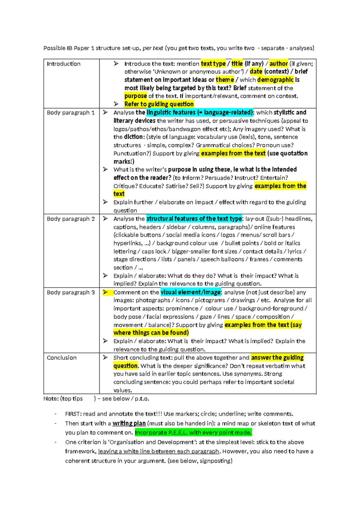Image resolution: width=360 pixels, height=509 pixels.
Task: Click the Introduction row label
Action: [64, 64]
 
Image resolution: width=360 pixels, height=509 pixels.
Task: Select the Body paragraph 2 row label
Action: [71, 219]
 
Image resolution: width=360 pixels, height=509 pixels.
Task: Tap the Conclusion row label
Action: [62, 358]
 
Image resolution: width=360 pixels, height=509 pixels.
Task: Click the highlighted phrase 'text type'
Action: [213, 64]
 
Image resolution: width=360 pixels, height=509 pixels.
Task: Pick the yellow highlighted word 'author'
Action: [278, 64]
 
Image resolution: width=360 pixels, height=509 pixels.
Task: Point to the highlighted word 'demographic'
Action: [275, 80]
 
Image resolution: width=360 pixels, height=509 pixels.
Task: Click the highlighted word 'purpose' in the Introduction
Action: [136, 96]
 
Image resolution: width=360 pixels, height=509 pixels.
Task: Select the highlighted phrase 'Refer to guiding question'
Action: [159, 104]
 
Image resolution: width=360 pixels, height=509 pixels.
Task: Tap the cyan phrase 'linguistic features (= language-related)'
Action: [200, 113]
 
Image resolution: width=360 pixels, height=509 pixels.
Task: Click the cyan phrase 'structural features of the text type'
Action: [194, 219]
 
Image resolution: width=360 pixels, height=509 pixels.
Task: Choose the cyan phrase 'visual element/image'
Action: [191, 292]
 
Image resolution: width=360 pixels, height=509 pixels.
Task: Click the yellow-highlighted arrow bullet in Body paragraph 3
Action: [106, 292]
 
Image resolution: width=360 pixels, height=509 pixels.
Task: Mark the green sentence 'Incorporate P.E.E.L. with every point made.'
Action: [193, 432]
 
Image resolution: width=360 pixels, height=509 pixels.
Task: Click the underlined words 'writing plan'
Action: [129, 423]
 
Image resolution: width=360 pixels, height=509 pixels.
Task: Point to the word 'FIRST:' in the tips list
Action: [73, 414]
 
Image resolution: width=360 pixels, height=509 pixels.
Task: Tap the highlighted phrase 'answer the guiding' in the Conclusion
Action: [277, 358]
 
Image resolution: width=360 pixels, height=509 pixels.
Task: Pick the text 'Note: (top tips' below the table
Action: [63, 399]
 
